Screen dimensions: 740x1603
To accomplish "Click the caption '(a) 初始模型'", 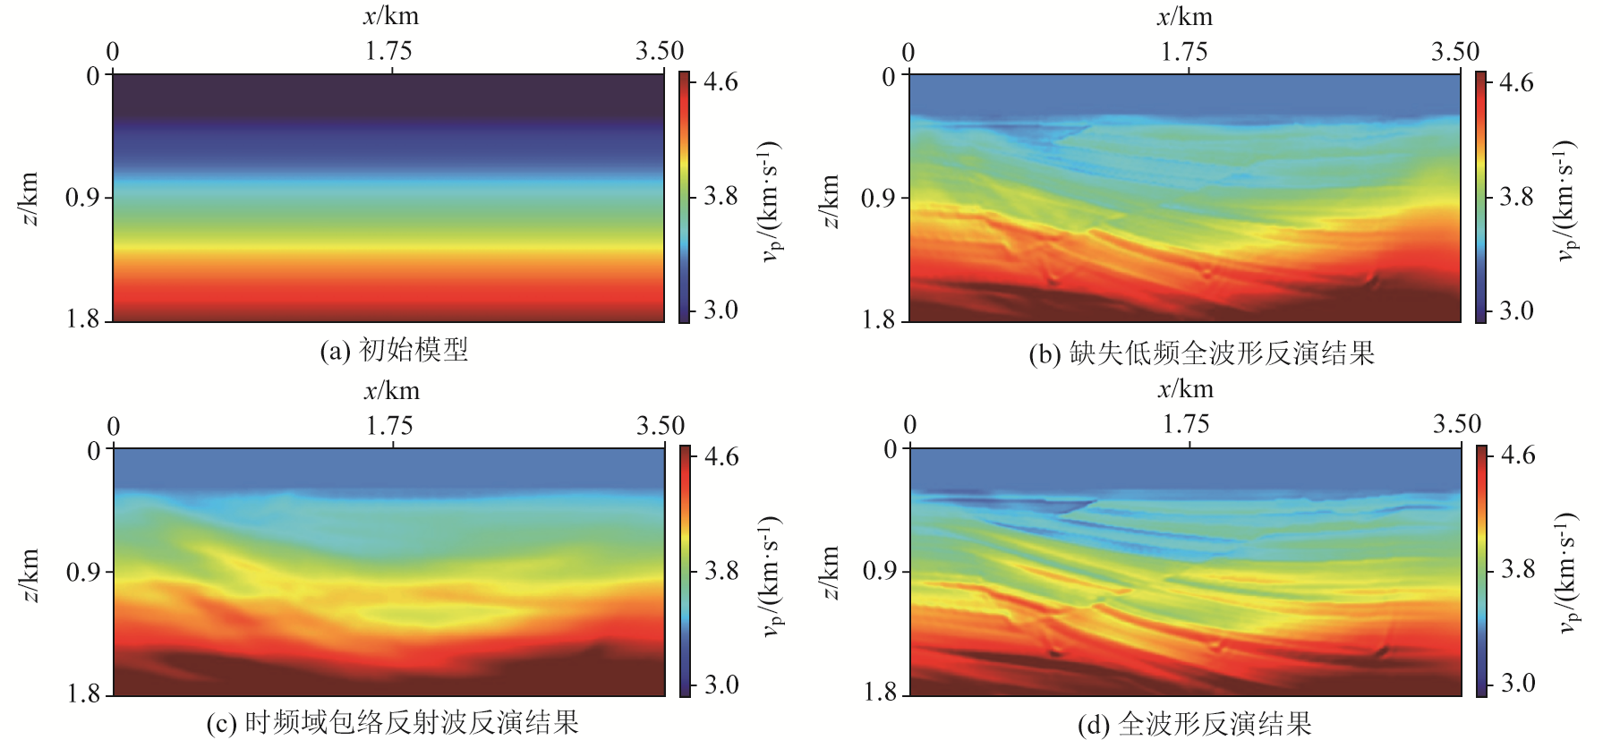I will (394, 350).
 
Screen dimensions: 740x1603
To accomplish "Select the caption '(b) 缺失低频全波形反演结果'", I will (1201, 353).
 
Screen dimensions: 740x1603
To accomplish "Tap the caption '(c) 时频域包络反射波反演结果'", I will (393, 722).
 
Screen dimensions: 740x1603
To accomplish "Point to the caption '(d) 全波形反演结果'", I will (1194, 724).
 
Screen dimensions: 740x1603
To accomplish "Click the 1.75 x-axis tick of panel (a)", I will (388, 51).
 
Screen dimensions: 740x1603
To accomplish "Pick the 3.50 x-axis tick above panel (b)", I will (1454, 51).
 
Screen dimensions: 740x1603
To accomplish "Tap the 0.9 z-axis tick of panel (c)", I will (83, 571).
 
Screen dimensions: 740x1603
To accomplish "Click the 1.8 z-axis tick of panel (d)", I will (881, 692).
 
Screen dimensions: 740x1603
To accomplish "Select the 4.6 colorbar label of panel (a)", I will (720, 82).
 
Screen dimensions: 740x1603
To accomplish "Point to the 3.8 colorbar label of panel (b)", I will (1516, 196).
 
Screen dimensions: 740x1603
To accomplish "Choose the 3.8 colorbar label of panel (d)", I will (1518, 569).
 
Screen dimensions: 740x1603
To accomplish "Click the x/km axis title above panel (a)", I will (391, 16).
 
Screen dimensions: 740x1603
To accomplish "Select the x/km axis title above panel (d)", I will (1186, 388).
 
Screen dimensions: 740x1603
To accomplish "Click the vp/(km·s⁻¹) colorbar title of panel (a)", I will (770, 200).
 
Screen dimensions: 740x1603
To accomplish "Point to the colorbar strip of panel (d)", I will (1481, 570).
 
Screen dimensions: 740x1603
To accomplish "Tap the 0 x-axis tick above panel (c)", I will (114, 426).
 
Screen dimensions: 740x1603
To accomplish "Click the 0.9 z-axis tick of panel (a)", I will (82, 197).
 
